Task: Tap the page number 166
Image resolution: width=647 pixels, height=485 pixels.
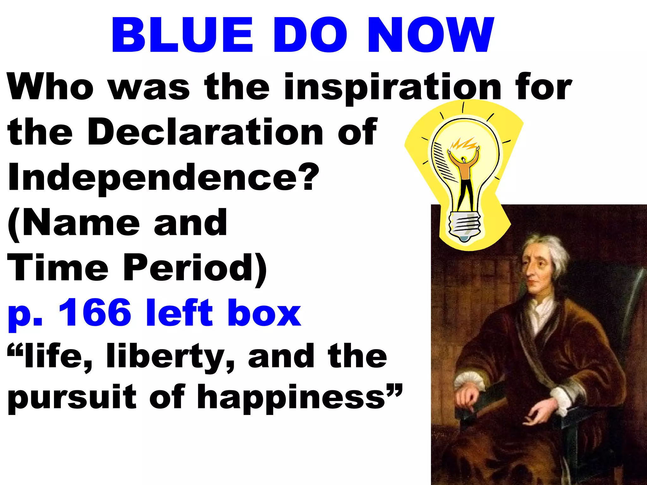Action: [95, 313]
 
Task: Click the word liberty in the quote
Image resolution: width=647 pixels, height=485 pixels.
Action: [171, 357]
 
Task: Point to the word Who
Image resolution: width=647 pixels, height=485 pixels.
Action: [51, 87]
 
